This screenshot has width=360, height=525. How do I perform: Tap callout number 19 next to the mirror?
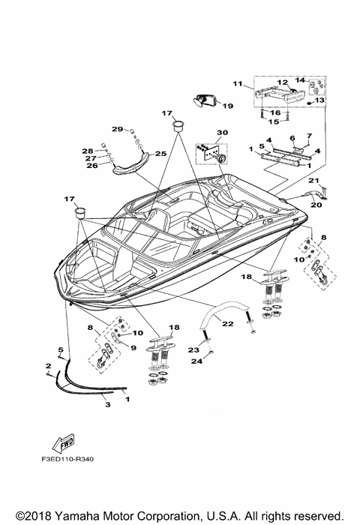point(228,106)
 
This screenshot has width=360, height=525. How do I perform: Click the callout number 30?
point(221,133)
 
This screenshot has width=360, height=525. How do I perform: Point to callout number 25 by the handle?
point(160,153)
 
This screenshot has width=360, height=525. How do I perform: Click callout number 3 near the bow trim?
point(107,404)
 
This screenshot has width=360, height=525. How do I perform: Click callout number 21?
point(314,180)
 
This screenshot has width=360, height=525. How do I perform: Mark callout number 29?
point(118,129)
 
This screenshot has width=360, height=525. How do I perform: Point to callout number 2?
point(48,365)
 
